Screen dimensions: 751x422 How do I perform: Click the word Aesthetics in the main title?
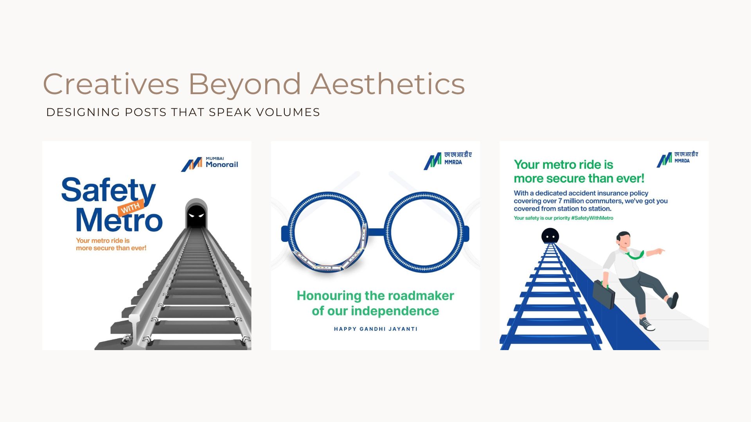(388, 84)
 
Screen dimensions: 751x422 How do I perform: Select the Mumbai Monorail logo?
(209, 164)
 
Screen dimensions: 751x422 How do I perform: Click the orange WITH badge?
(131, 207)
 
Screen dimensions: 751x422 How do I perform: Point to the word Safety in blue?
(108, 190)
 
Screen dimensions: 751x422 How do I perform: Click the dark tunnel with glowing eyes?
(196, 214)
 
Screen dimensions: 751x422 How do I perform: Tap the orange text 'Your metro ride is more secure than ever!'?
(111, 244)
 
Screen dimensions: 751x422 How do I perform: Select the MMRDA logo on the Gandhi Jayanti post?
(448, 160)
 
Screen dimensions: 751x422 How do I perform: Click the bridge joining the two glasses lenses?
(375, 232)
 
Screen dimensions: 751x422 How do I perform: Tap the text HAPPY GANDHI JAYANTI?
(375, 329)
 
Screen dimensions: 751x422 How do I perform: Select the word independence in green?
(395, 311)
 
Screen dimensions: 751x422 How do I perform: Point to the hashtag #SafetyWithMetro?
(592, 218)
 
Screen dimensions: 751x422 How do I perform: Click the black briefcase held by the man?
(604, 294)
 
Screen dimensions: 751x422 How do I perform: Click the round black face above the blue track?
(550, 236)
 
